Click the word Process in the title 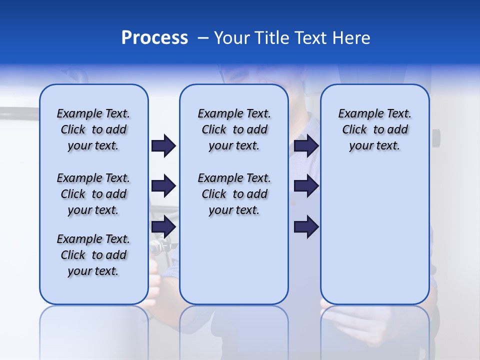click(x=154, y=38)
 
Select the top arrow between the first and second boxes click(x=163, y=145)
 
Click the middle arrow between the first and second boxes click(x=163, y=186)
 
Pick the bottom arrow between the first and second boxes click(x=163, y=226)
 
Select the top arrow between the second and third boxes click(x=306, y=145)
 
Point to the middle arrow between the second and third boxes click(x=306, y=186)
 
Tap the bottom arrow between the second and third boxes click(x=306, y=226)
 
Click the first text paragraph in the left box click(x=93, y=129)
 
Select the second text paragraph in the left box click(x=93, y=194)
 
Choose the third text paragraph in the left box click(x=93, y=255)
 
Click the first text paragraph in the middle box click(x=234, y=129)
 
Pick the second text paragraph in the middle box click(x=234, y=194)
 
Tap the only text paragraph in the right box click(x=374, y=129)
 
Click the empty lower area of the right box click(x=374, y=235)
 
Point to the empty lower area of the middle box click(x=234, y=260)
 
